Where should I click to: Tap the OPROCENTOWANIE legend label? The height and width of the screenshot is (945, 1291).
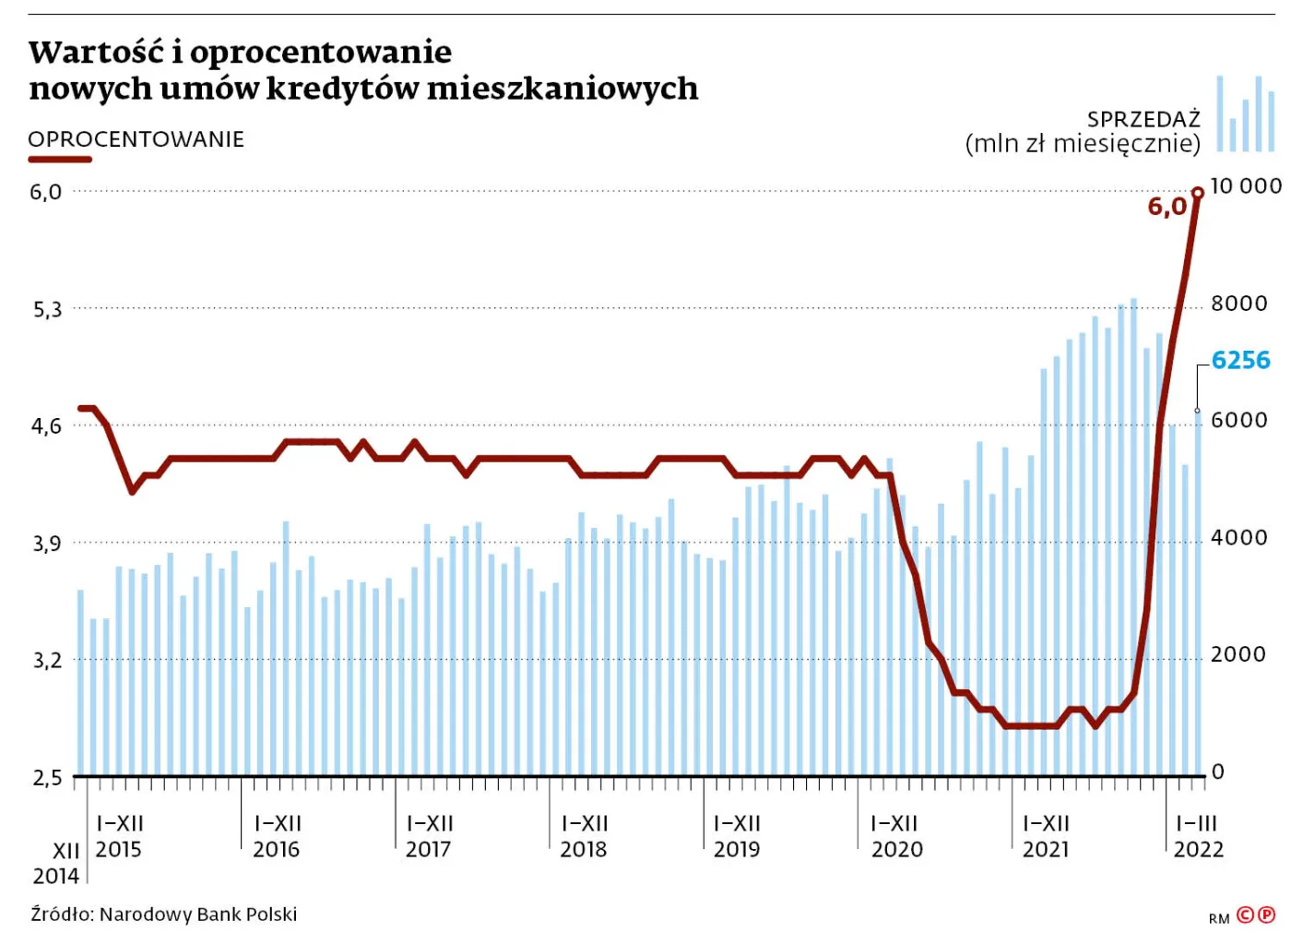click(x=136, y=139)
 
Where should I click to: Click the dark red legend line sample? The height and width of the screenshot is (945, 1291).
click(x=60, y=160)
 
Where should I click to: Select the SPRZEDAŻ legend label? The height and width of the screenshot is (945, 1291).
click(x=1143, y=120)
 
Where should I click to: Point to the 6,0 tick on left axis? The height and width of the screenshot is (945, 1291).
click(x=46, y=192)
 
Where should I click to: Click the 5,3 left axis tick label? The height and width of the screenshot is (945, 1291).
click(x=47, y=309)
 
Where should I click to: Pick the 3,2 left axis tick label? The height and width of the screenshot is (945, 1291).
click(x=47, y=660)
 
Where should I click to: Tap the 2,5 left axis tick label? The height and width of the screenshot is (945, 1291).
click(x=47, y=778)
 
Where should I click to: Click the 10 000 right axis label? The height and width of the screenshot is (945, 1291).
click(x=1245, y=186)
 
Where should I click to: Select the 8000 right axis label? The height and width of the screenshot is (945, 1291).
click(x=1238, y=304)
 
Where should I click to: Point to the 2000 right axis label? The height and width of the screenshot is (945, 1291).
click(x=1238, y=654)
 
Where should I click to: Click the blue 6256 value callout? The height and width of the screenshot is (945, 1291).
click(x=1240, y=360)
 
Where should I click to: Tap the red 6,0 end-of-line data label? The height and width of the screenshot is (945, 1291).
click(x=1167, y=207)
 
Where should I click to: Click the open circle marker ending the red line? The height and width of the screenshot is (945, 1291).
click(x=1198, y=193)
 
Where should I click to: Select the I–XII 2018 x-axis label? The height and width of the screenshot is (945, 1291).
click(x=584, y=836)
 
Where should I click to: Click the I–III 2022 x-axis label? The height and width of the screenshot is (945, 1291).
click(x=1198, y=836)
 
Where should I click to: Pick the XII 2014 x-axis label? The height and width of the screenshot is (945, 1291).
click(x=57, y=863)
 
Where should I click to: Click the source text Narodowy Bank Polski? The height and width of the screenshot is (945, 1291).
click(x=197, y=915)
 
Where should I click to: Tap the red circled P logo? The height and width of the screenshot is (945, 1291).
click(x=1266, y=915)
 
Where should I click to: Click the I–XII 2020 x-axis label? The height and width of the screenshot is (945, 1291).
click(x=896, y=836)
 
